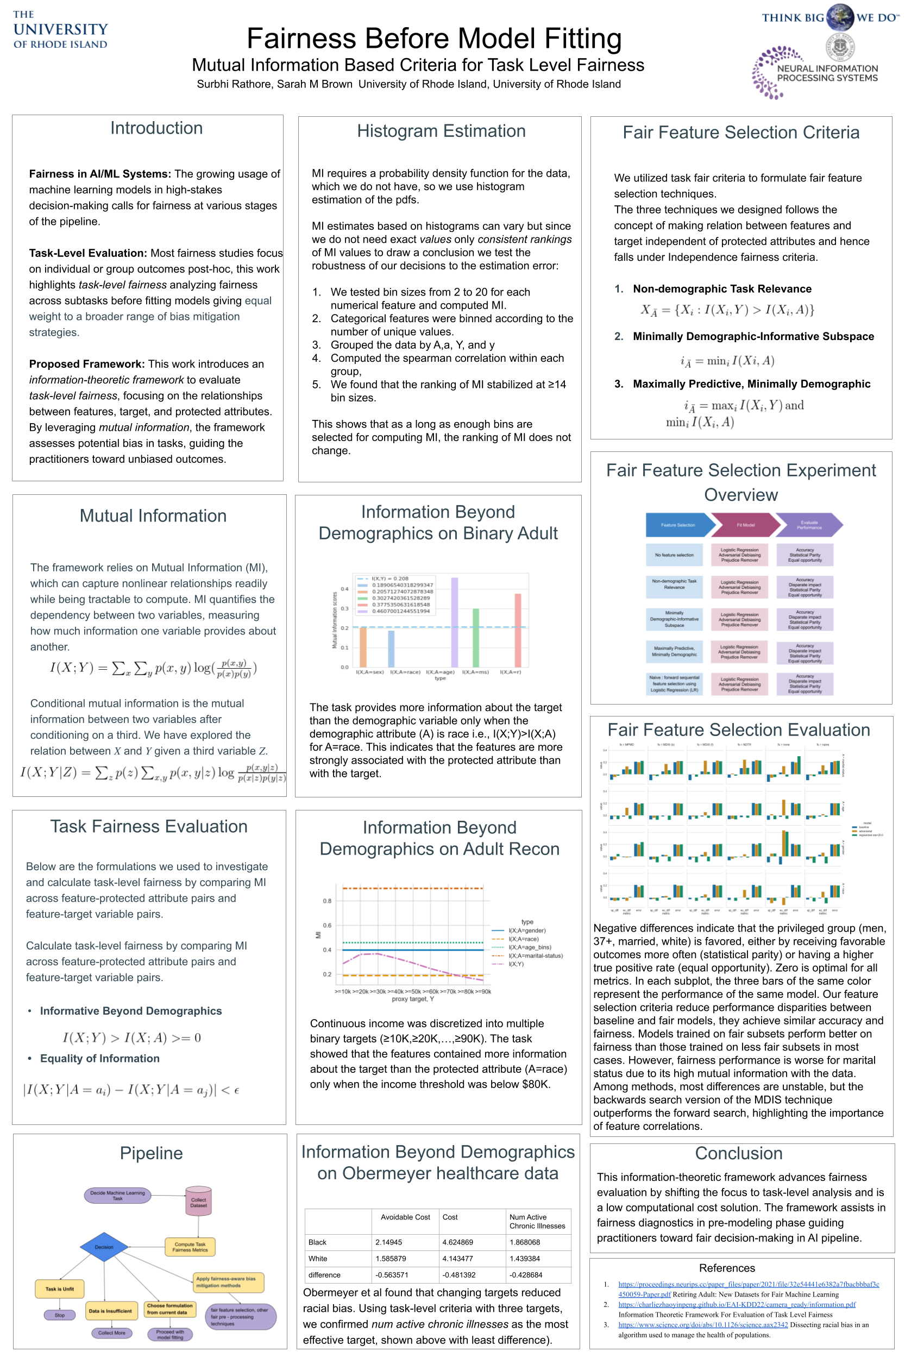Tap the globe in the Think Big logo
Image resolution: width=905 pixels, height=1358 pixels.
(840, 17)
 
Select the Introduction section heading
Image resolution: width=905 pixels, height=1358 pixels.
(156, 128)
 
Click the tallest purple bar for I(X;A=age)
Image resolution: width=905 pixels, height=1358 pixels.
(455, 622)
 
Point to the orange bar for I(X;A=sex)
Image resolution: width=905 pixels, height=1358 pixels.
(363, 646)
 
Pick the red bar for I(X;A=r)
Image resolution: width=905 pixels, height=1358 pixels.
(518, 630)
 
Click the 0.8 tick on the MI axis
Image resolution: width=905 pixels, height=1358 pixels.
(327, 901)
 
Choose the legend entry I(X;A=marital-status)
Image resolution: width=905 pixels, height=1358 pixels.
(535, 955)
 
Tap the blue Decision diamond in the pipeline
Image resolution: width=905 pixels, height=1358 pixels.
(104, 1247)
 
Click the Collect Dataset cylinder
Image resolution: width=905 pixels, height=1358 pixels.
(199, 1202)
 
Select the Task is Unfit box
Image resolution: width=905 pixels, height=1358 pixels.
(59, 1289)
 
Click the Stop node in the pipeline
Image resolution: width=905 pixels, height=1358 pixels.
(59, 1315)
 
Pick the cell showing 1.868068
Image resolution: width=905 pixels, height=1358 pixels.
(525, 1242)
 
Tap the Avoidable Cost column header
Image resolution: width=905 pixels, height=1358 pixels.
(405, 1217)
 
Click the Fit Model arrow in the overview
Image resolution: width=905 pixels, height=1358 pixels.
(745, 525)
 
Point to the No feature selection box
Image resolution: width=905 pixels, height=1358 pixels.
(674, 555)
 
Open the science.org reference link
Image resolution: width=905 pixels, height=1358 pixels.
(702, 1324)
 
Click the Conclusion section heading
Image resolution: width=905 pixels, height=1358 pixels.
(738, 1153)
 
